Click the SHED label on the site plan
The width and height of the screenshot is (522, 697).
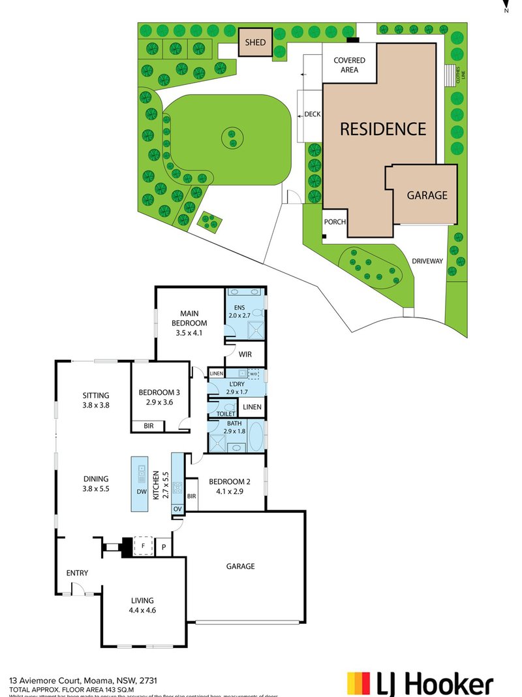tap(255, 42)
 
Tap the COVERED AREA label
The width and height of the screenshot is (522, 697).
tap(350, 65)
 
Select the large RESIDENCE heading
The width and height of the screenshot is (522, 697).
tap(382, 129)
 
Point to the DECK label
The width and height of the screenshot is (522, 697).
tap(313, 114)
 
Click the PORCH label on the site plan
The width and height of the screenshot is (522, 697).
tap(335, 222)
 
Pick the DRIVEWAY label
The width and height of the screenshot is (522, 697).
tap(427, 261)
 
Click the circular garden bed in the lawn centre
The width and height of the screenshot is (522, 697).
tap(231, 138)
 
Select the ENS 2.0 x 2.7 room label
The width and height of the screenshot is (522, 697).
tap(239, 311)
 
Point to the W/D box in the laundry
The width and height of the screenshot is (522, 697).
tap(254, 374)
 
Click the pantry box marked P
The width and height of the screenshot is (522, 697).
tap(164, 546)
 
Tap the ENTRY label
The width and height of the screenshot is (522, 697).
tap(77, 573)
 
